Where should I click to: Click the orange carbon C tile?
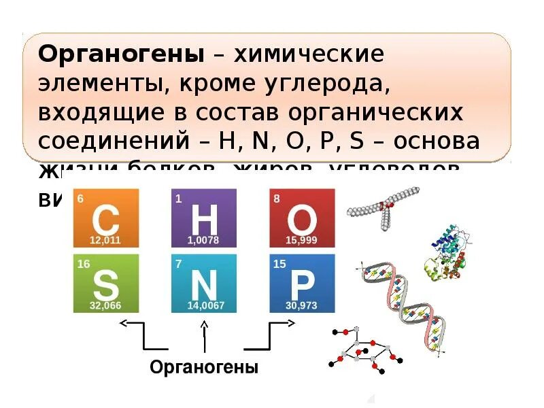(106, 218)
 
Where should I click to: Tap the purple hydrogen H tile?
(203, 218)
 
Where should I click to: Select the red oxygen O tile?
(302, 218)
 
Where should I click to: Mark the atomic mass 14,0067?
(204, 306)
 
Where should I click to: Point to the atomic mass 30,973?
(301, 306)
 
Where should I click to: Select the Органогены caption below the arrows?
(204, 368)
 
